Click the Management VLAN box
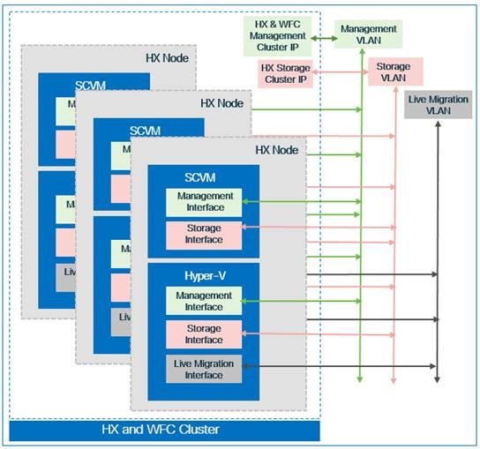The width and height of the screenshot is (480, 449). click(x=369, y=34)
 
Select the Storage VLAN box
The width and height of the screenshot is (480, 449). click(x=394, y=71)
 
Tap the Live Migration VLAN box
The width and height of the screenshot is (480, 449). click(x=439, y=104)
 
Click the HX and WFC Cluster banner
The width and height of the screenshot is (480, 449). click(x=163, y=430)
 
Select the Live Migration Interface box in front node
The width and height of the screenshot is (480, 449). click(x=203, y=369)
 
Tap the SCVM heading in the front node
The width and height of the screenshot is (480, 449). click(x=204, y=177)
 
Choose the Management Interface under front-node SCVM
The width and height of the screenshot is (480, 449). click(x=203, y=202)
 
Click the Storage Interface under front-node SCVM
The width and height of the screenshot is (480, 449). click(x=203, y=235)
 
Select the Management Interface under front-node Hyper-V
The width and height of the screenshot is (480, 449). click(x=203, y=301)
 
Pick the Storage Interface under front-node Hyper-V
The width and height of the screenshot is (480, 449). click(x=203, y=334)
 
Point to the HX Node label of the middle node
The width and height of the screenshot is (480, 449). click(x=222, y=103)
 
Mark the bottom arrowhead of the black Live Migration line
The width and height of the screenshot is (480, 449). click(x=437, y=378)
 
